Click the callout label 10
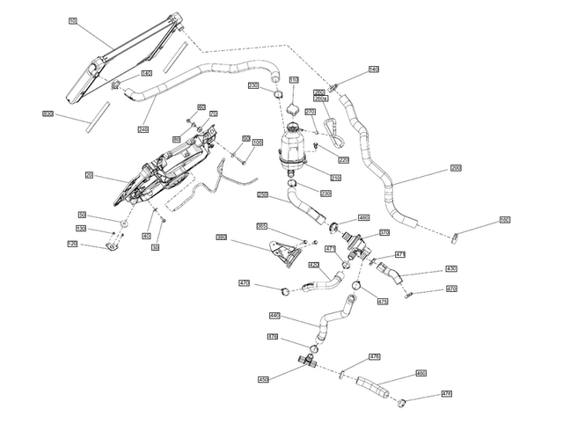tap(72, 20)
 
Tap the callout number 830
tap(48, 114)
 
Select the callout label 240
tap(143, 128)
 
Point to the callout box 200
tap(456, 167)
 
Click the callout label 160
tap(505, 220)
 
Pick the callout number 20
tap(89, 175)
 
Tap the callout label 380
tap(222, 238)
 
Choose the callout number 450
tap(263, 379)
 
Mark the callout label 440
tap(274, 316)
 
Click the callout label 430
tap(451, 268)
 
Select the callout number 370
tap(384, 232)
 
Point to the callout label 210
tap(335, 178)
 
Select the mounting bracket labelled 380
tap(285, 250)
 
